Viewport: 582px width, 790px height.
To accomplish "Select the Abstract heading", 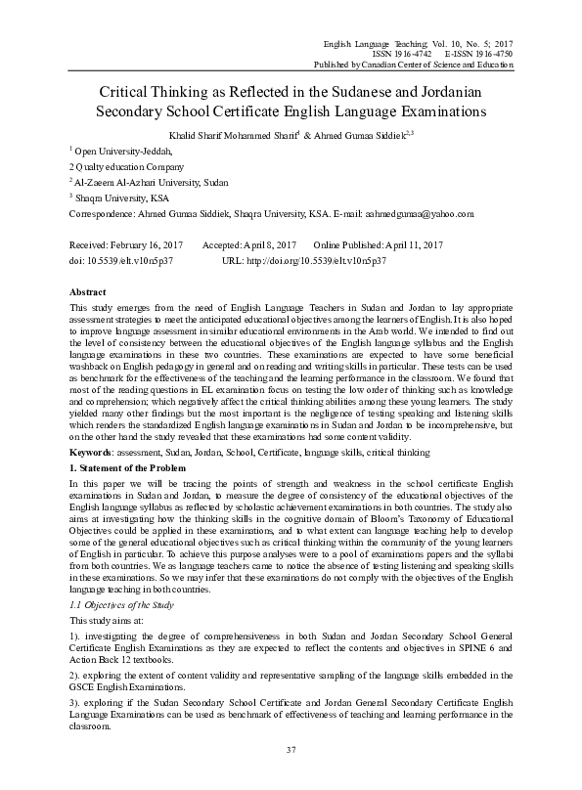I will point(88,292).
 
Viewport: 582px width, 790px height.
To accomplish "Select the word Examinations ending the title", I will point(461,111).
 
